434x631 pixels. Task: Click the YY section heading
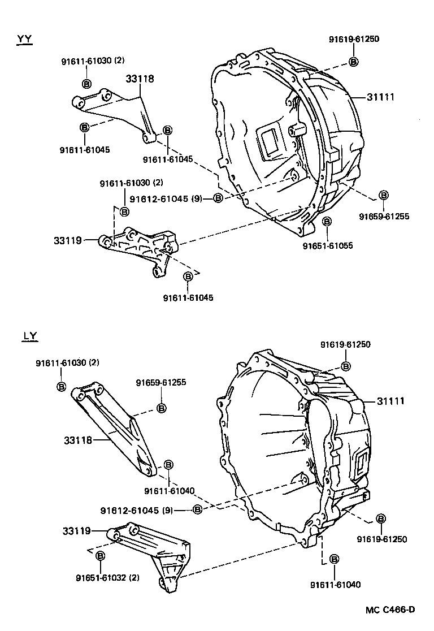[24, 38]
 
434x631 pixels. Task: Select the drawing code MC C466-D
[390, 610]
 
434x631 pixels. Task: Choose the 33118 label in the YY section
[140, 79]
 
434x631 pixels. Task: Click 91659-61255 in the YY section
[384, 216]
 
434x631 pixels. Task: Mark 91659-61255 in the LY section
[160, 383]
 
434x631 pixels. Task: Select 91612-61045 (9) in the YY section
[166, 198]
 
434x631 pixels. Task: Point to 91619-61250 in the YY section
[354, 39]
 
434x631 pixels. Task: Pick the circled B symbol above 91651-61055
[327, 222]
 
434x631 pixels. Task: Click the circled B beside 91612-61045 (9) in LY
[197, 509]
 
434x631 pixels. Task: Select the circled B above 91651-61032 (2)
[100, 556]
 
